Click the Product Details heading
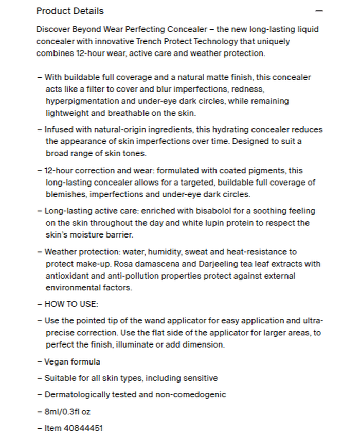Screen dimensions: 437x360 pyautogui.click(x=70, y=11)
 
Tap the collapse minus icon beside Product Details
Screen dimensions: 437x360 pyautogui.click(x=319, y=11)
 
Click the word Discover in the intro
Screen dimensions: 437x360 pyautogui.click(x=53, y=29)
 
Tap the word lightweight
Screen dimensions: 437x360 pyautogui.click(x=66, y=113)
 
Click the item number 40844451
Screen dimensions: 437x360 pyautogui.click(x=83, y=428)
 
